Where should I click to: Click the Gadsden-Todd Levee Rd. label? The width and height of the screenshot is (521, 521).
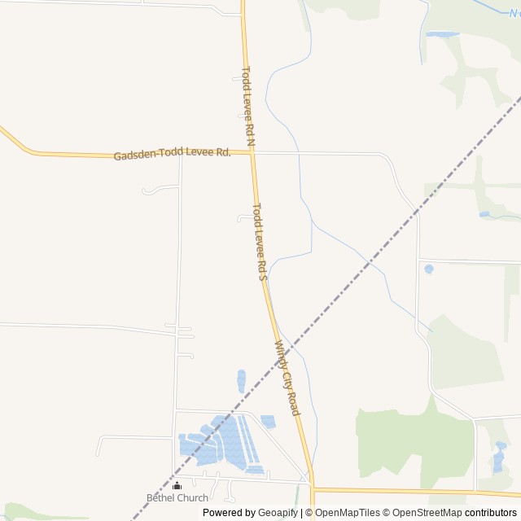point(172,154)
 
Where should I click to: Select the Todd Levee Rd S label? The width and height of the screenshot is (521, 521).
point(260,241)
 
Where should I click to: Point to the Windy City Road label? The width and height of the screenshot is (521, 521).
point(288,378)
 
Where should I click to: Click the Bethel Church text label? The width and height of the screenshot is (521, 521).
point(177,497)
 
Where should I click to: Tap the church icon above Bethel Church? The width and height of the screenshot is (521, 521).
point(177,486)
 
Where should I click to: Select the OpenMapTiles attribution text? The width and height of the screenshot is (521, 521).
point(348,513)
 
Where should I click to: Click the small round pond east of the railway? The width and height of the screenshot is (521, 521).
point(429,269)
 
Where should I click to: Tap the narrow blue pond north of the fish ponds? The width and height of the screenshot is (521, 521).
point(242,380)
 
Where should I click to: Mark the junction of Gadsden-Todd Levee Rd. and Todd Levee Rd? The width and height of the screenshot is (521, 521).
point(252,153)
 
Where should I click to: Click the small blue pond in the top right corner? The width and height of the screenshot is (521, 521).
point(442,34)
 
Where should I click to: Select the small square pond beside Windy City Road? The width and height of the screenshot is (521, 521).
point(268,421)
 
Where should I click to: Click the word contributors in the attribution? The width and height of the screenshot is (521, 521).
point(491,513)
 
